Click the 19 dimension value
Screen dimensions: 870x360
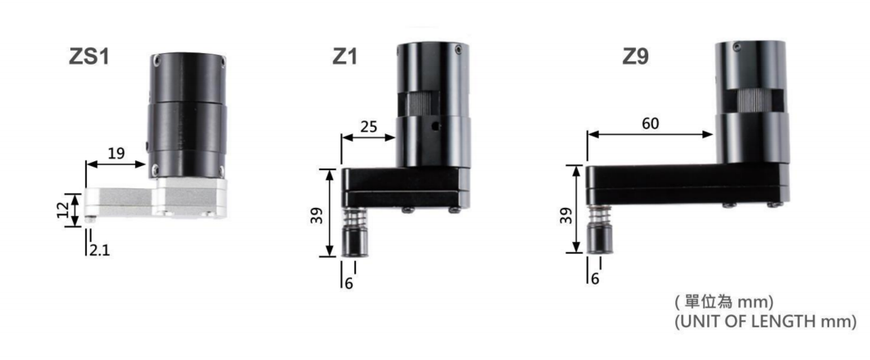pos(116,154)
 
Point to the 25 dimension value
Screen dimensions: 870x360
pos(367,127)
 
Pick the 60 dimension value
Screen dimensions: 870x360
pos(651,124)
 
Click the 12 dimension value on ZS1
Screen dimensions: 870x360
pos(65,209)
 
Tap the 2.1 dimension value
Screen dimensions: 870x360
pos(99,250)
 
